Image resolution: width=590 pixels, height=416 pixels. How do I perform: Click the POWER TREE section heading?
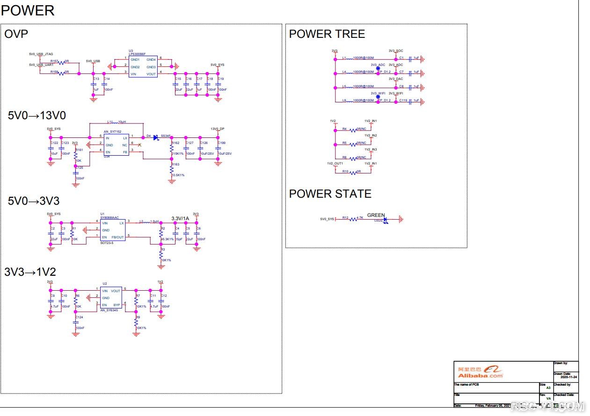(327, 34)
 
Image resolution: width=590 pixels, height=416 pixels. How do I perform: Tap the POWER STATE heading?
(330, 194)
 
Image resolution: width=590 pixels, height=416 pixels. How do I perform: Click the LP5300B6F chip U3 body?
(143, 67)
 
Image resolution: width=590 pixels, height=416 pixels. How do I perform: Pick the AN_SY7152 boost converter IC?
(116, 145)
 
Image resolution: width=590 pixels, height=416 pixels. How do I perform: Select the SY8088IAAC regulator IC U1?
(113, 230)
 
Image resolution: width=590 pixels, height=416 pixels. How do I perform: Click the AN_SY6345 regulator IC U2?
(111, 298)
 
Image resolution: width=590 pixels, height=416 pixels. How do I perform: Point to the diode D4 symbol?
(155, 136)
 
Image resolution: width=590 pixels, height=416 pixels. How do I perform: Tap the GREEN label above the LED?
(376, 215)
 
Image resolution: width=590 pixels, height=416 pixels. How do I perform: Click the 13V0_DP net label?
(218, 128)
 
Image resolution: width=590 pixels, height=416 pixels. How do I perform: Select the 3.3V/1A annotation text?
(180, 218)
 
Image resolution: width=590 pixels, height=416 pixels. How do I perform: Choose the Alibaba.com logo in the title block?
(480, 372)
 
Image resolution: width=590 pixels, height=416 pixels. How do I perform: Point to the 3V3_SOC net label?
(395, 50)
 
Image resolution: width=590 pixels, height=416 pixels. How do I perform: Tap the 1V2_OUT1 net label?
(335, 164)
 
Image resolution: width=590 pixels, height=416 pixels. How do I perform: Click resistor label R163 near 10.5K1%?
(175, 165)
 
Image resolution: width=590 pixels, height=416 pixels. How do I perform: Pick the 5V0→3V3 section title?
(34, 201)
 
